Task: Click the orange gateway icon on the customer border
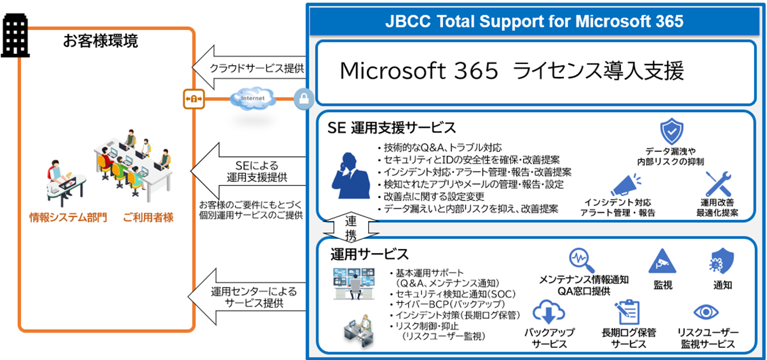193,99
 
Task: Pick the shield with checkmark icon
672,131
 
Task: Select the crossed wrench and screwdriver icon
717,184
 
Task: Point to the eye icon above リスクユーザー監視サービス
707,313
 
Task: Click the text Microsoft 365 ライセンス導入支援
512,71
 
